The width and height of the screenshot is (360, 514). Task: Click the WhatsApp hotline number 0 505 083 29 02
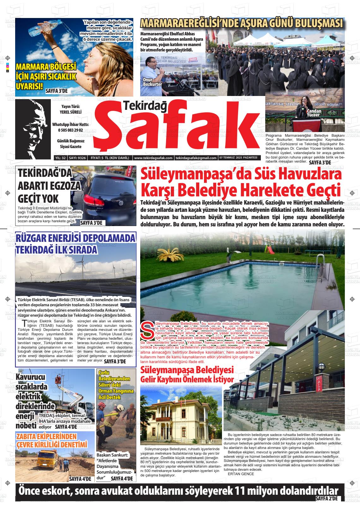(70, 130)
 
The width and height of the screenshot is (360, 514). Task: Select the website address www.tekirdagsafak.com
(153, 158)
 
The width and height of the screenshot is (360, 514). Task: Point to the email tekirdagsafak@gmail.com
(196, 158)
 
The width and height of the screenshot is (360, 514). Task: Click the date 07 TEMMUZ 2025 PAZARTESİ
(238, 158)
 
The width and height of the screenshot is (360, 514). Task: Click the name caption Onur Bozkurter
(152, 82)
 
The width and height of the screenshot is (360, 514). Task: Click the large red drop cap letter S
(147, 330)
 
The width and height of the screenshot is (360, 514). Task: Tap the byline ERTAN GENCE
(241, 474)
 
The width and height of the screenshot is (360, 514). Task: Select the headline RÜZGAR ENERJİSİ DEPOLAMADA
(76, 238)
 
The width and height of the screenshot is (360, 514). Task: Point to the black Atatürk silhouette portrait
(33, 129)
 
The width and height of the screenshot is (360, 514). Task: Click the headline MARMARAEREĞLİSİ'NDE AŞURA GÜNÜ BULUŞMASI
(242, 24)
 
